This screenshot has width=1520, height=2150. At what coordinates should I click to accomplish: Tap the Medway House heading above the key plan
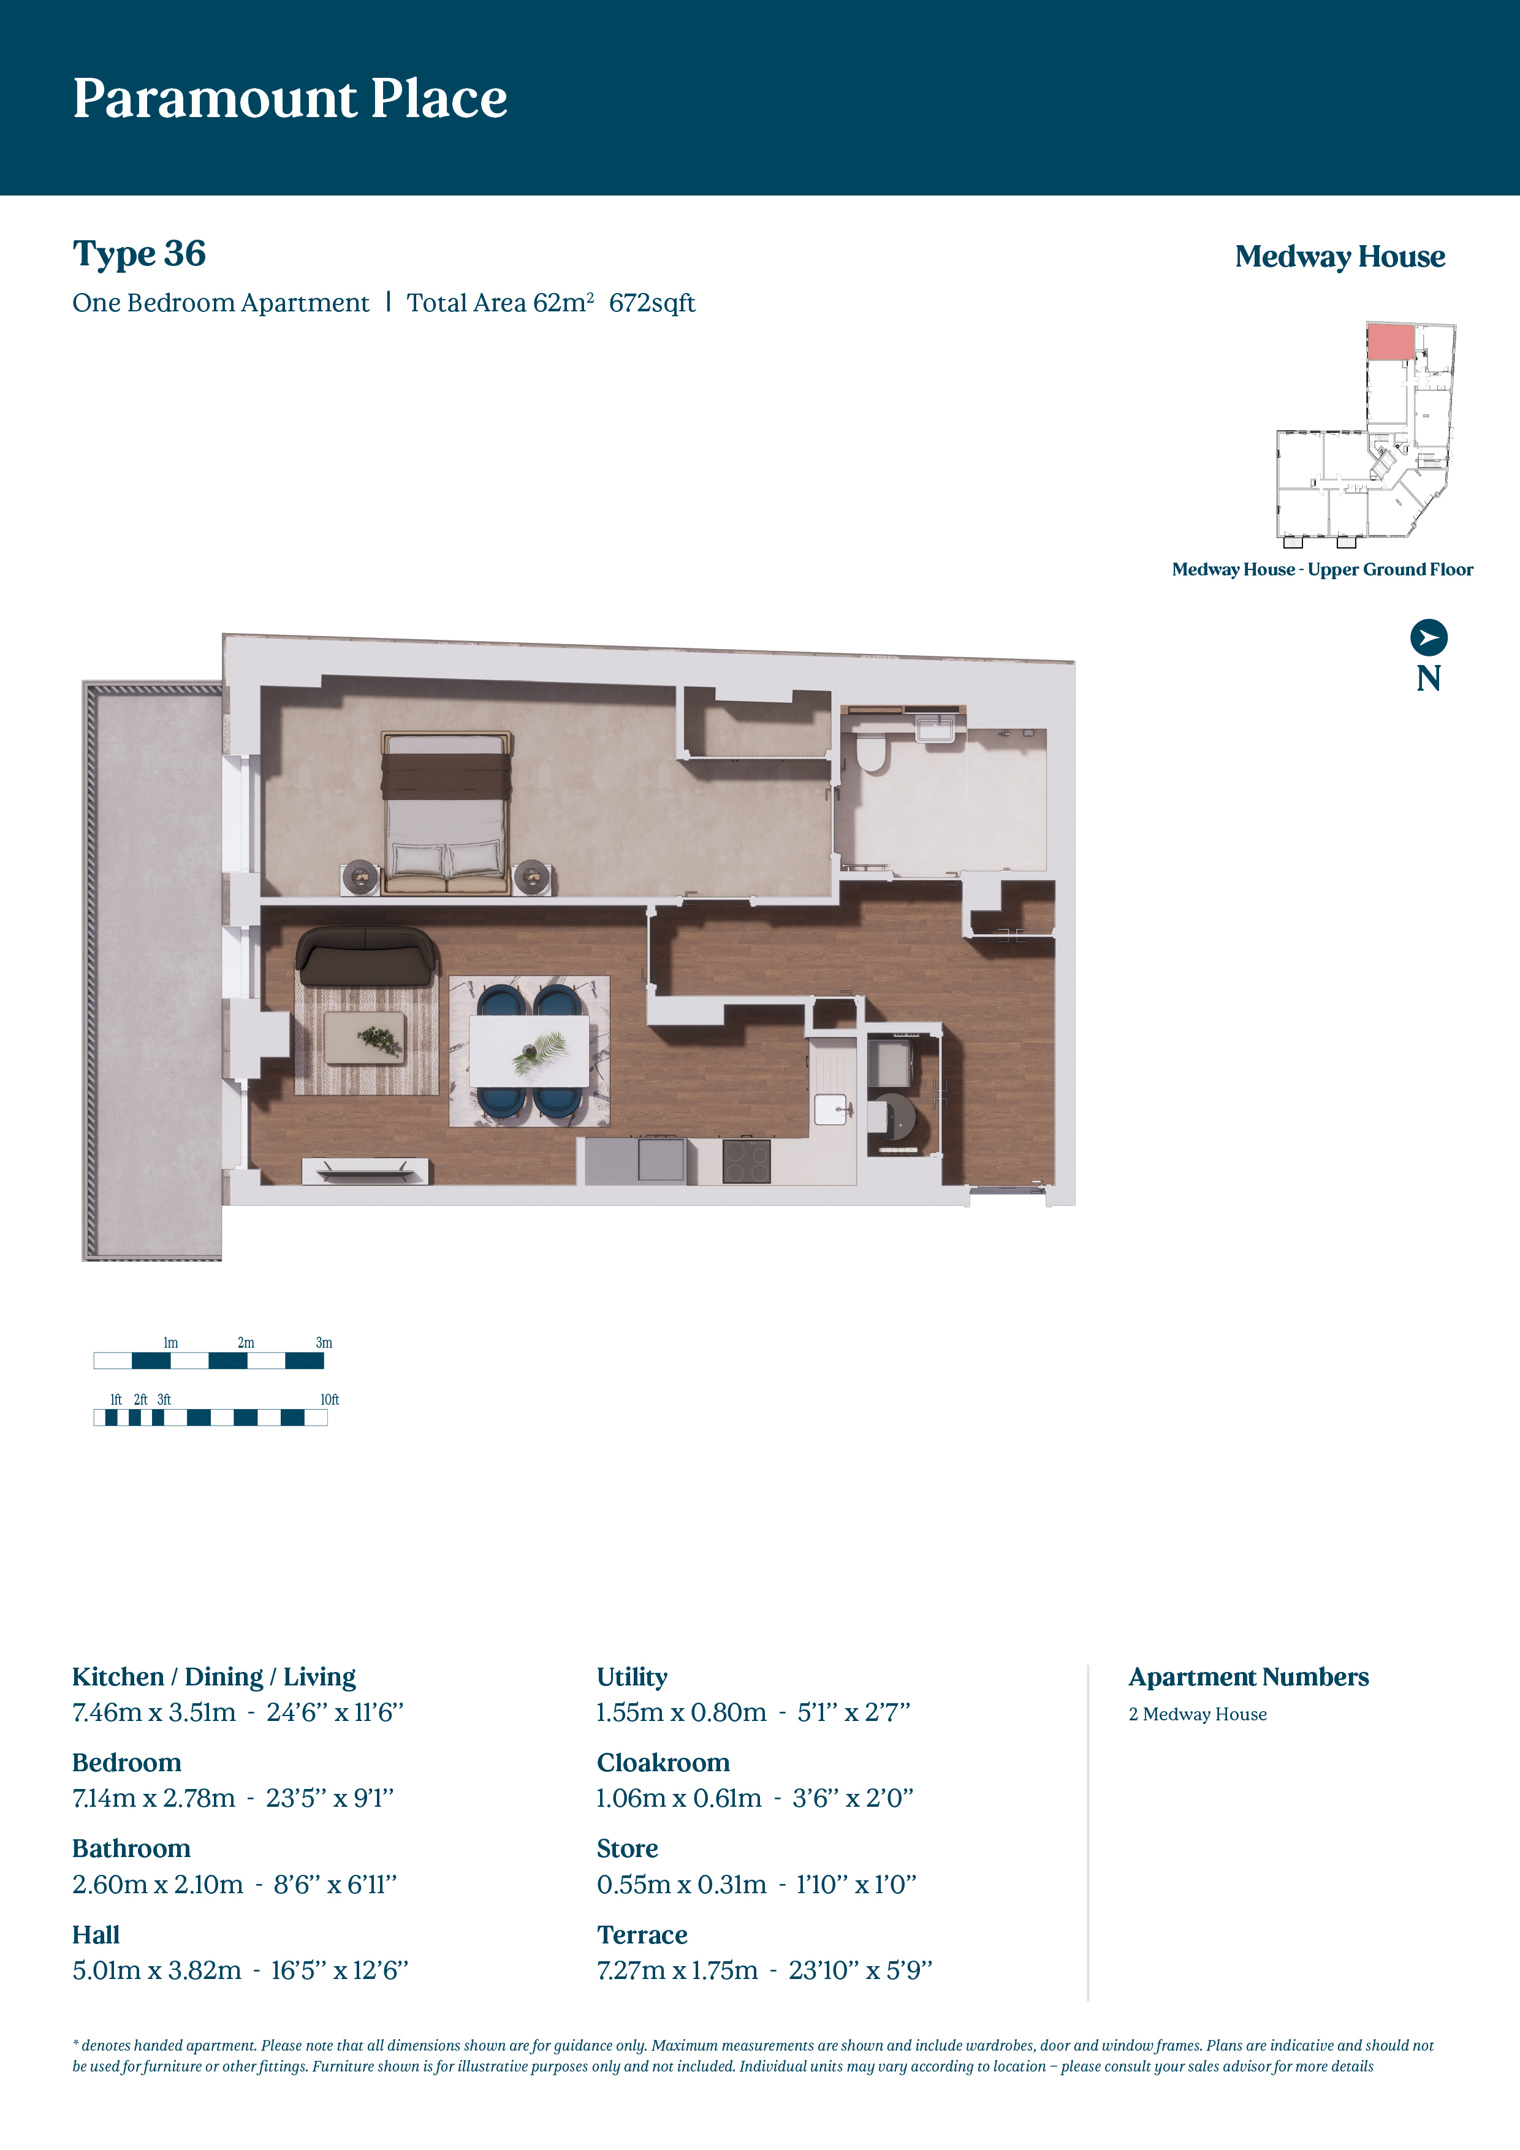pyautogui.click(x=1339, y=257)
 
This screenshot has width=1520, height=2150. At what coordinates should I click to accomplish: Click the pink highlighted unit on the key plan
pyautogui.click(x=1391, y=343)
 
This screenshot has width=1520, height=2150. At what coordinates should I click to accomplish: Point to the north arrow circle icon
pyautogui.click(x=1428, y=637)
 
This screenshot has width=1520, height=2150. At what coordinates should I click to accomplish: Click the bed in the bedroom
pyautogui.click(x=447, y=813)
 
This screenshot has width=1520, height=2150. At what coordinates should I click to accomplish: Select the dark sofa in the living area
pyautogui.click(x=366, y=956)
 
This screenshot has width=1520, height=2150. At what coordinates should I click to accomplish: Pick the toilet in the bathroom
pyautogui.click(x=873, y=753)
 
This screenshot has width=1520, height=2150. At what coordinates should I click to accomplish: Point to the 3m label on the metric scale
pyautogui.click(x=324, y=1343)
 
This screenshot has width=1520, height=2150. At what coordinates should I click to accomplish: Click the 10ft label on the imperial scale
pyautogui.click(x=330, y=1400)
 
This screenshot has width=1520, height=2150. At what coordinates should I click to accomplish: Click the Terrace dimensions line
pyautogui.click(x=765, y=1970)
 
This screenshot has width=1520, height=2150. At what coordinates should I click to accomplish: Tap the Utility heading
pyautogui.click(x=632, y=1677)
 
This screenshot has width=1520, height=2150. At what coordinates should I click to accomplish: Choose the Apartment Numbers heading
pyautogui.click(x=1248, y=1677)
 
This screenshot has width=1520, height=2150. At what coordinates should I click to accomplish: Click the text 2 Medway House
pyautogui.click(x=1198, y=1715)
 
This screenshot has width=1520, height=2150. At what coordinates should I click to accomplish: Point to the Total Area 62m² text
pyautogui.click(x=500, y=303)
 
